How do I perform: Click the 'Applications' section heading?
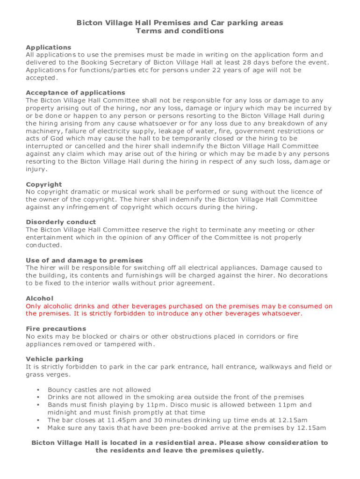point(49,47)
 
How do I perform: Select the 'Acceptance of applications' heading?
point(75,93)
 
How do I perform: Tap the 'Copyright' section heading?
point(44,184)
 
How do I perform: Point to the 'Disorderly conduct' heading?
point(61,222)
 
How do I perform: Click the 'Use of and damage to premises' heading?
point(84,260)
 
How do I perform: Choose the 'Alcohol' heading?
point(40,298)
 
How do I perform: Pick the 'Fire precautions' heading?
point(56,329)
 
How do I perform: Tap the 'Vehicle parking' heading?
point(54,359)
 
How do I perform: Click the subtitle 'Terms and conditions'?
point(180,31)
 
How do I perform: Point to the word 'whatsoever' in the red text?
point(282,313)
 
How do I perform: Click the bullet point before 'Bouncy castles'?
point(36,390)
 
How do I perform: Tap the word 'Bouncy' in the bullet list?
point(60,390)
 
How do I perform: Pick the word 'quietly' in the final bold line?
point(250,450)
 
